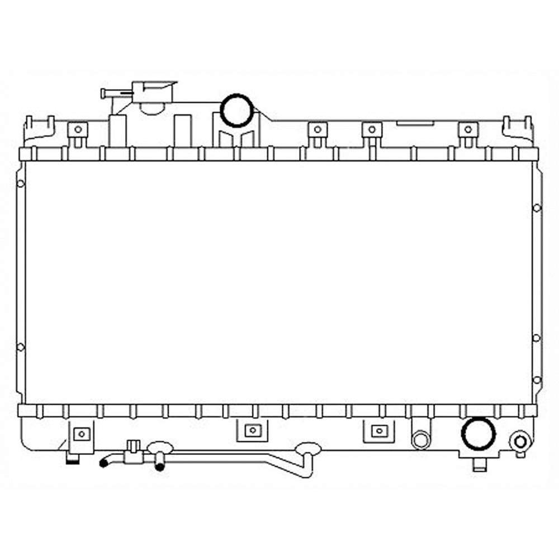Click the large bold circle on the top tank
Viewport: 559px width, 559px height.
coord(236,111)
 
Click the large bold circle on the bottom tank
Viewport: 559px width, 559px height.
coord(478,433)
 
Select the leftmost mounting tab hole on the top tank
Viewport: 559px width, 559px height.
coord(78,130)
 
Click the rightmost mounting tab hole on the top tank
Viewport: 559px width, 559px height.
coord(468,130)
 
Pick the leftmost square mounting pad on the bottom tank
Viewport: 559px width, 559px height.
coord(82,433)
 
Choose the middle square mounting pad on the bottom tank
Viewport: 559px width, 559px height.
coord(253,430)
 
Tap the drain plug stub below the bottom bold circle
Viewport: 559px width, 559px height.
coord(479,464)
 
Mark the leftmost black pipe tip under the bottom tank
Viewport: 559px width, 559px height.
coord(103,463)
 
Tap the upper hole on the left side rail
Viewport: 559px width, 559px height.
coord(20,183)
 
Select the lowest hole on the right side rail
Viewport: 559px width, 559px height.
coord(537,380)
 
